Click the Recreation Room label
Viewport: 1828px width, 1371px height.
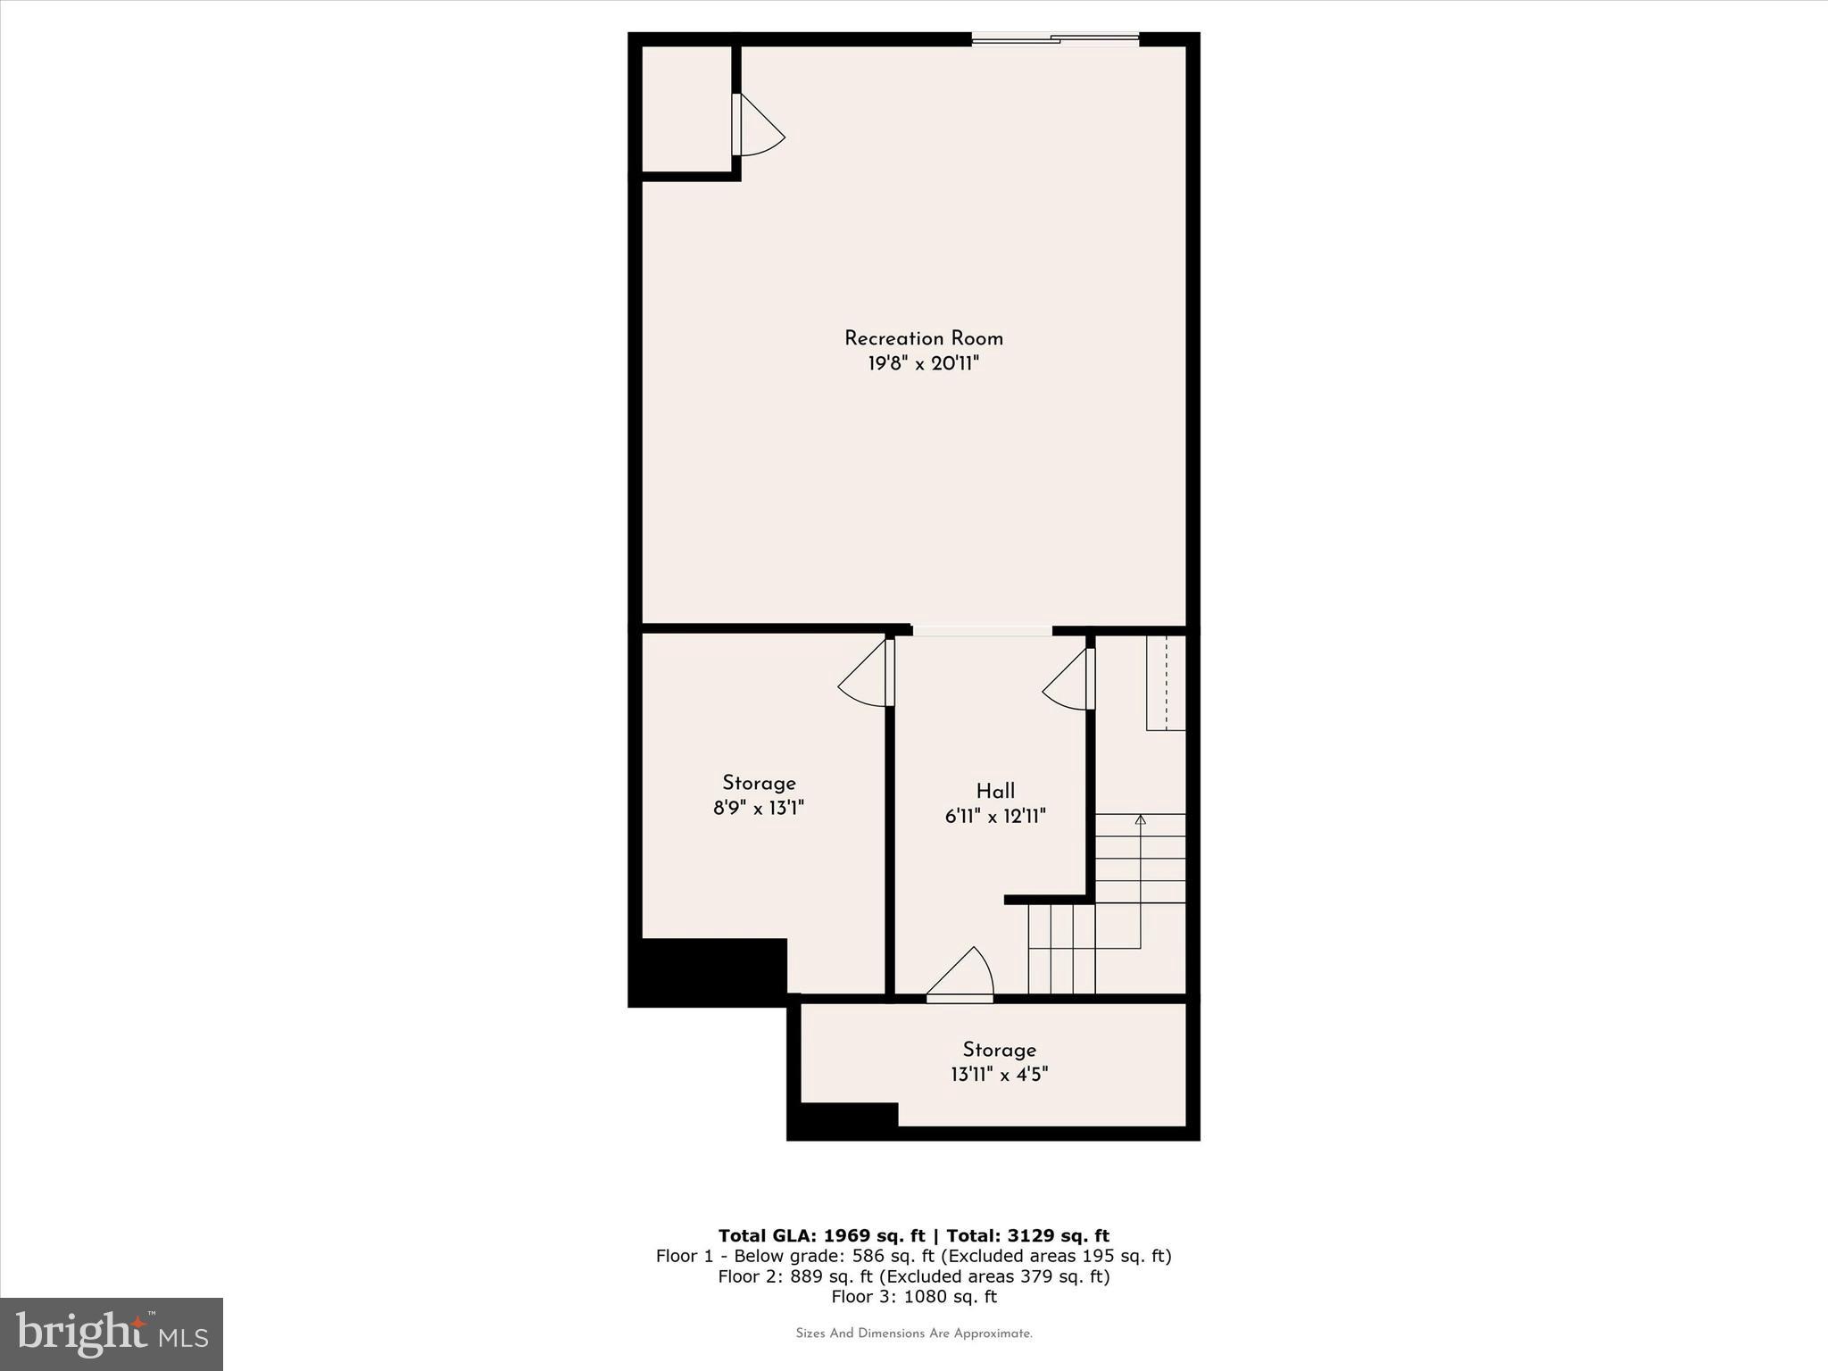pos(924,338)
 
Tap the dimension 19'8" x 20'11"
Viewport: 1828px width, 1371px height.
pos(924,364)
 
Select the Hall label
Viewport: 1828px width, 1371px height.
pos(995,791)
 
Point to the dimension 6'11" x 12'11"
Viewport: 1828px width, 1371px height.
pos(995,816)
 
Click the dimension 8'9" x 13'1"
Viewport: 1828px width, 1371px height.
pos(759,809)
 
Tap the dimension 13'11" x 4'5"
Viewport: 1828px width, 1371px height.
pos(999,1075)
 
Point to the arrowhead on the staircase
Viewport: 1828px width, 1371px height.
pos(1140,818)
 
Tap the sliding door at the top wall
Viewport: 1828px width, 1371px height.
pos(1055,38)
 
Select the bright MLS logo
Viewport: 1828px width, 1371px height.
pos(112,1334)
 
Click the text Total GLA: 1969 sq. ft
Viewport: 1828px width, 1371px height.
pos(821,1235)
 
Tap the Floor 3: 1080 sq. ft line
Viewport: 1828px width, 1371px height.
pos(913,1297)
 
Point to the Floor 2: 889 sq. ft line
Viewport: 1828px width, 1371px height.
pos(913,1276)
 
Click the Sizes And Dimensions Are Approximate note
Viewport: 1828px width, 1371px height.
pos(913,1334)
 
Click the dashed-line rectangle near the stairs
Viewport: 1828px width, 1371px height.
pos(1166,683)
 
